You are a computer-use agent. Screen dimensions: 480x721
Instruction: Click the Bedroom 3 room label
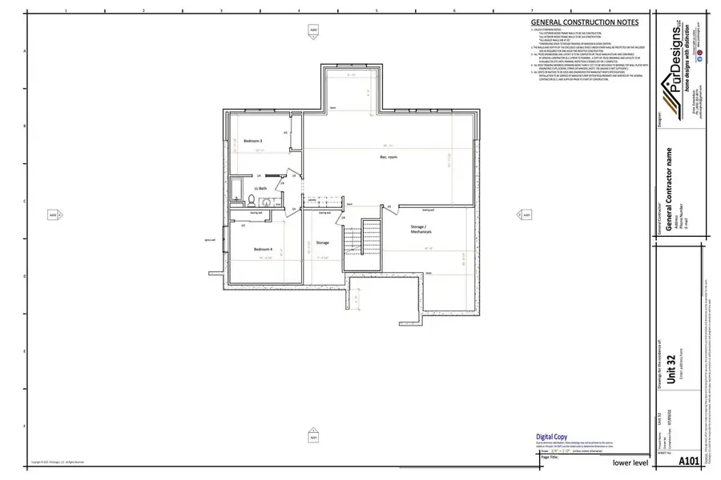253,141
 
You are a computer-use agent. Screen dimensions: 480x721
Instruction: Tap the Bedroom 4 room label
264,250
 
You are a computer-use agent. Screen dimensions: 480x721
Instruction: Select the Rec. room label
389,158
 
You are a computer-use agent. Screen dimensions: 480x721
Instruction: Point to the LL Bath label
261,189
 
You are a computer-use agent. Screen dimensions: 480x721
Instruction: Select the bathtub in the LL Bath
236,190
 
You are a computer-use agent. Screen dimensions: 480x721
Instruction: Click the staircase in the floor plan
370,237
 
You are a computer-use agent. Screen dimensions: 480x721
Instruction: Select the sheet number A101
688,462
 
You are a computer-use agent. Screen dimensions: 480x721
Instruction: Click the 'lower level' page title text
630,462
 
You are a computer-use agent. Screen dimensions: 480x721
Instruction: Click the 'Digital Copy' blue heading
551,437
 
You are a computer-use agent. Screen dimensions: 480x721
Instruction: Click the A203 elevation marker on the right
526,214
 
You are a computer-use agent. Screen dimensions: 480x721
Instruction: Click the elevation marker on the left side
54,214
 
